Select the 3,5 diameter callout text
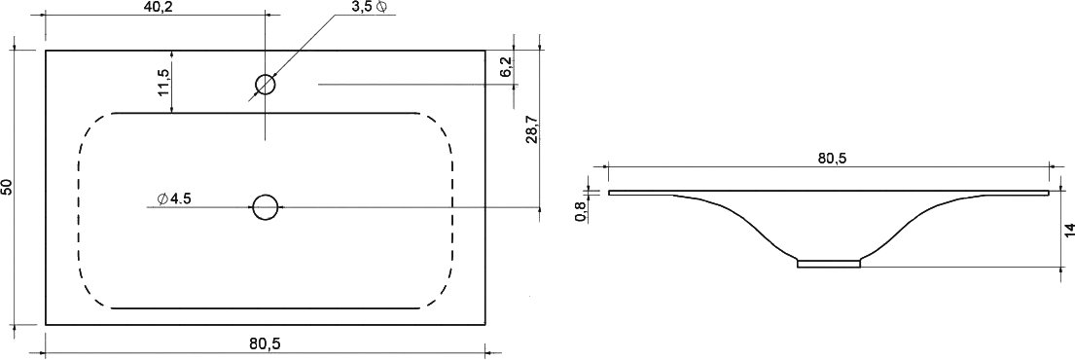370,7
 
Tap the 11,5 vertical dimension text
162,81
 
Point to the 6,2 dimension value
505,67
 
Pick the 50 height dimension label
6,187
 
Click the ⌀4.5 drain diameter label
173,198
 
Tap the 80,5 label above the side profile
833,158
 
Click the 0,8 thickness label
581,211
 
